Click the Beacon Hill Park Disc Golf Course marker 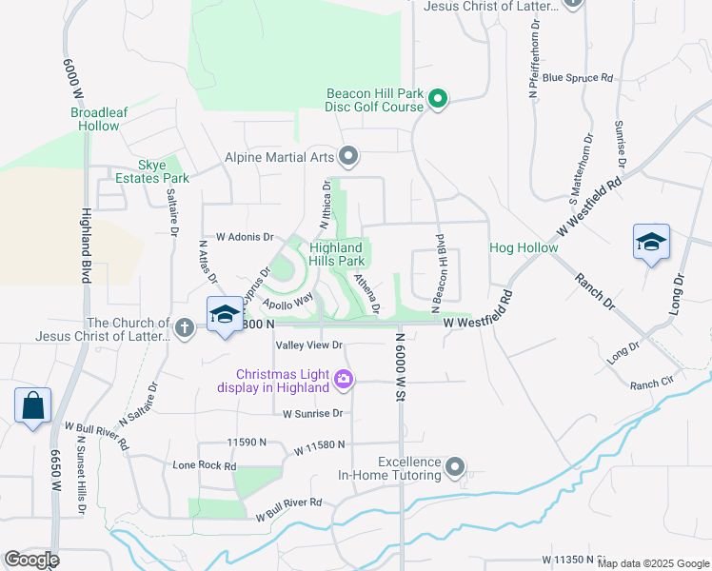point(438,99)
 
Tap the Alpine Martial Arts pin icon point(349,155)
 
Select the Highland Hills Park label point(337,254)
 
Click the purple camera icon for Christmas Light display point(344,380)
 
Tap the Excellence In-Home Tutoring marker point(455,466)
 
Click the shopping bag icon point(32,405)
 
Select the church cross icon point(185,328)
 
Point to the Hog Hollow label point(524,247)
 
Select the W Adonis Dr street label point(245,236)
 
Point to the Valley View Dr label point(308,345)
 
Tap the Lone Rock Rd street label point(204,466)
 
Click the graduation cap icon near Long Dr point(652,243)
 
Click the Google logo point(31,560)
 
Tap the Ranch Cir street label point(651,384)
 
